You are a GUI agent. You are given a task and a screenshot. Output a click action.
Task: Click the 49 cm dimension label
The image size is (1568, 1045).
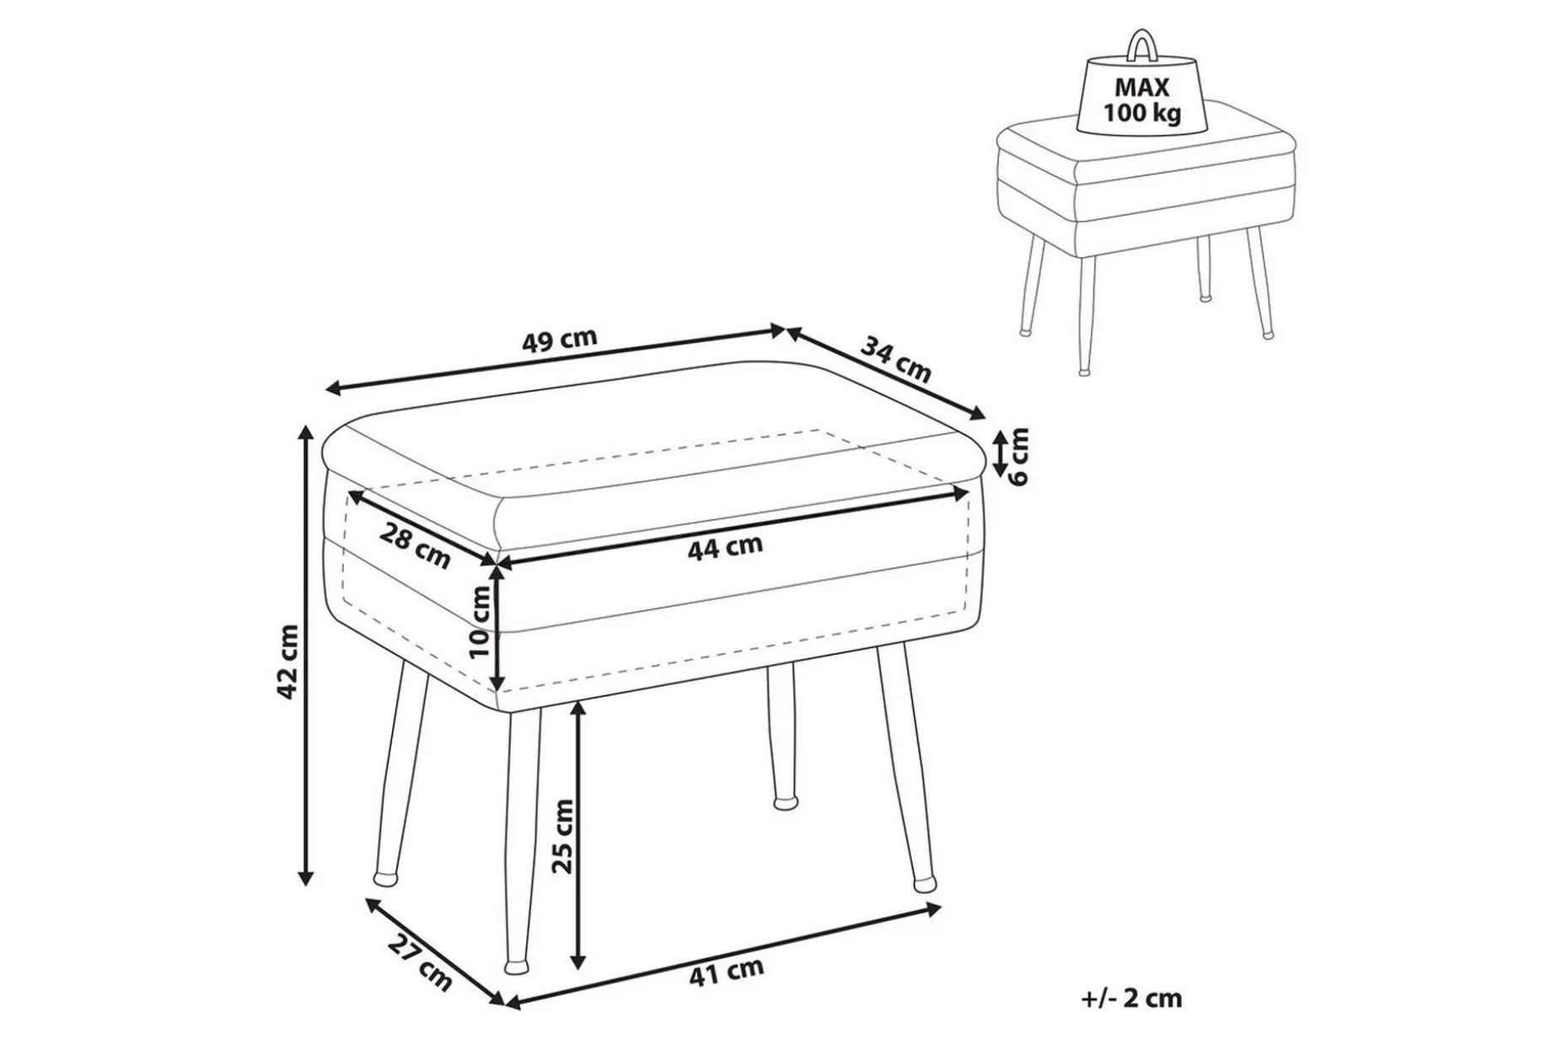[x=559, y=340]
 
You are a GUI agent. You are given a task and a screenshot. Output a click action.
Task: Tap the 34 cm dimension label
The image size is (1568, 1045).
[x=895, y=359]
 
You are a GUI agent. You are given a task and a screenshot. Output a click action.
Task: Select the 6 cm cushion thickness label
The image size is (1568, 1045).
[x=1019, y=456]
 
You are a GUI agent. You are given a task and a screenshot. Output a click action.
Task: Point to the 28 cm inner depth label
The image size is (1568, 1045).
[x=415, y=545]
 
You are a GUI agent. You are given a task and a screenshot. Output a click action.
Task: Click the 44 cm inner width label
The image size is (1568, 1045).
[x=725, y=548]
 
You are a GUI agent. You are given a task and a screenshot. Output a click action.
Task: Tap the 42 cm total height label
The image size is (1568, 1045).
[x=287, y=662]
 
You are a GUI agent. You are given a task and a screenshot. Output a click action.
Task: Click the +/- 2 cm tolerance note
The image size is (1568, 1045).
[x=1131, y=999]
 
